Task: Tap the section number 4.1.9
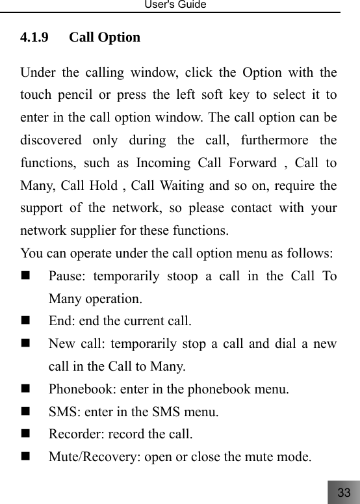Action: tap(33, 37)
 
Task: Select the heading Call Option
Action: tap(105, 37)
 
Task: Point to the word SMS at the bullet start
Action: tap(61, 412)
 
